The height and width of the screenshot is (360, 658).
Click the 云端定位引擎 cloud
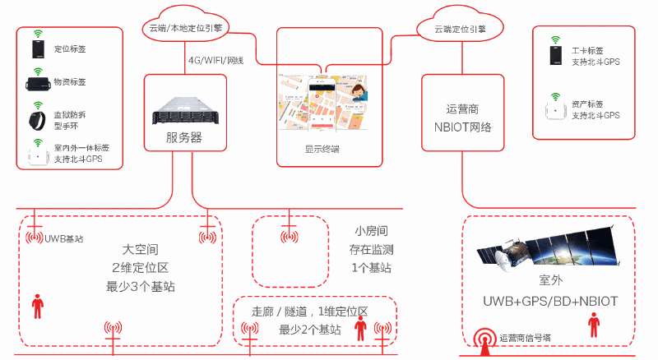[x=460, y=28]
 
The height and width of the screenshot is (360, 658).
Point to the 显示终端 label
[x=322, y=150]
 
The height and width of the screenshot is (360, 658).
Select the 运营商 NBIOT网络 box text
[x=462, y=118]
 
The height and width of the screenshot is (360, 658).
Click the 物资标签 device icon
[x=37, y=84]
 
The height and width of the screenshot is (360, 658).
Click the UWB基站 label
[x=67, y=239]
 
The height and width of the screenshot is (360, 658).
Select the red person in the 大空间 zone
[x=37, y=306]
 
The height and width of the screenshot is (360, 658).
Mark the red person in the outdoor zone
[x=593, y=324]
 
